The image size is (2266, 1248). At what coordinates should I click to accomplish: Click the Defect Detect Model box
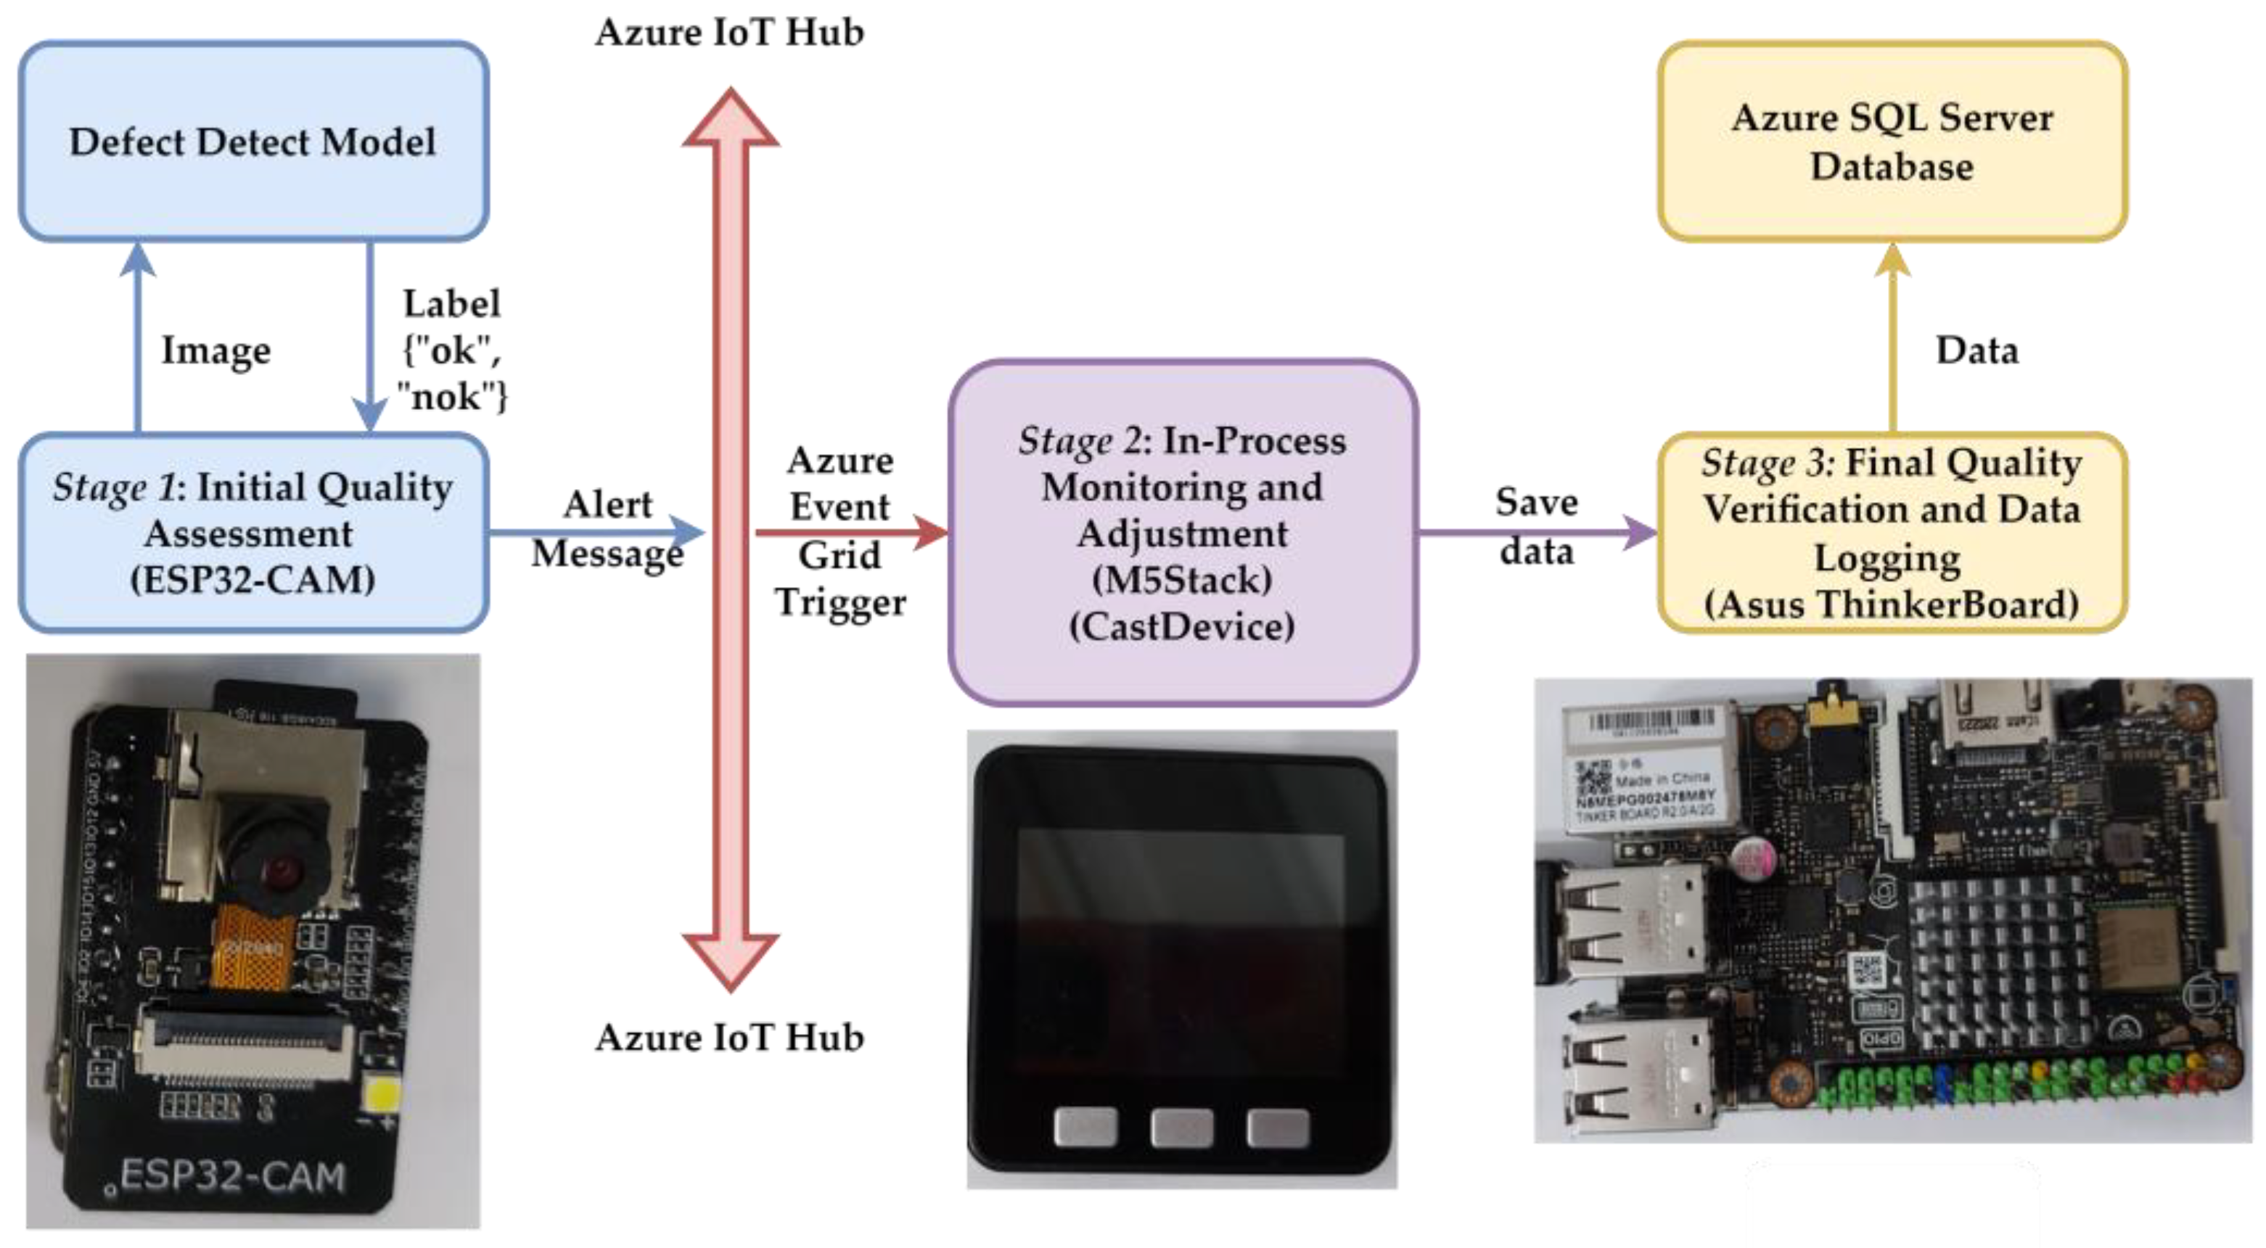coord(253,141)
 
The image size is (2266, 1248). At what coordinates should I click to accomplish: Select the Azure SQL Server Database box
coord(1892,141)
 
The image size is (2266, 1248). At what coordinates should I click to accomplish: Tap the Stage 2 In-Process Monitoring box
coord(1182,532)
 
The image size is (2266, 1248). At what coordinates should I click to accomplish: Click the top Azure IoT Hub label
coord(729,33)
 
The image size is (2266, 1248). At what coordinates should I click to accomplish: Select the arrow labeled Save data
coord(1535,532)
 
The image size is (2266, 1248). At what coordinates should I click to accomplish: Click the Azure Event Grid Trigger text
coord(840,532)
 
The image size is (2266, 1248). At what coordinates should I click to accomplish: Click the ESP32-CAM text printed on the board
coord(232,1177)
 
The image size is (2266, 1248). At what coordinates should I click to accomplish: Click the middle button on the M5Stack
coord(1181,1128)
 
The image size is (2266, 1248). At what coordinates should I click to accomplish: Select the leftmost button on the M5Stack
coord(1085,1128)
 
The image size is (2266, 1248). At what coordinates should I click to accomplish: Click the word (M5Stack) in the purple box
coord(1181,580)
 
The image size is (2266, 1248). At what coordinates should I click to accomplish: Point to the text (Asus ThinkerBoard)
coord(1892,605)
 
